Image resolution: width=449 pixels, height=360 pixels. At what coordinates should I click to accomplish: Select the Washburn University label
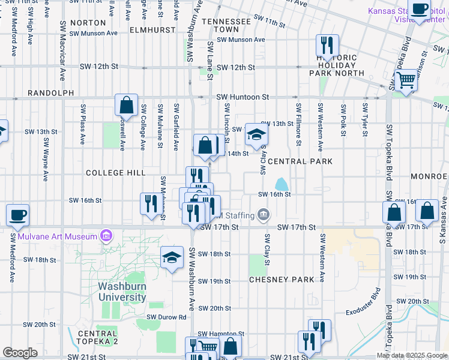122,292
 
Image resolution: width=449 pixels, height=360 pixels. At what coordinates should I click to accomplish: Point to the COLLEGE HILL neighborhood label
115,173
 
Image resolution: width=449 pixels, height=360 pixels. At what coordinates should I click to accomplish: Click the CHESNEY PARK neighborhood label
282,280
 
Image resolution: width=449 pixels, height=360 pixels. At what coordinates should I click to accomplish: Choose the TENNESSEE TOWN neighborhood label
226,25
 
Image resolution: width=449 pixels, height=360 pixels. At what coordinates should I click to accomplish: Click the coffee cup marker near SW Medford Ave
17,214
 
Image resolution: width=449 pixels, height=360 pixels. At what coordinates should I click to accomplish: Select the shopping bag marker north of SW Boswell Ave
127,105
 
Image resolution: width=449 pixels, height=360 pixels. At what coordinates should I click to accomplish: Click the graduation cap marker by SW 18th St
172,258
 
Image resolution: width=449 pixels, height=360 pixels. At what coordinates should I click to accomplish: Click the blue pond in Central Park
280,184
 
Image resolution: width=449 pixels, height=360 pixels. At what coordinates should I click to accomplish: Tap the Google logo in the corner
20,353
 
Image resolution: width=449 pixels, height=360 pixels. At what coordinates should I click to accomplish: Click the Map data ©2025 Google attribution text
412,355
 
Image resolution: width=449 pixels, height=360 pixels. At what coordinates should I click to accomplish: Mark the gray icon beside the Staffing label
263,214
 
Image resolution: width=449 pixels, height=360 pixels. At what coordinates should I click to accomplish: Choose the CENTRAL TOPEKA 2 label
97,337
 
